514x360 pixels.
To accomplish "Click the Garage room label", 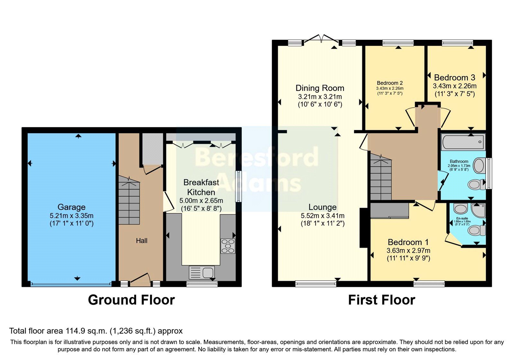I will tap(71, 207).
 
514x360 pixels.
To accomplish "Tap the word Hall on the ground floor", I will tap(141, 241).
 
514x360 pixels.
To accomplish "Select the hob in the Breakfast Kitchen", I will tap(228, 246).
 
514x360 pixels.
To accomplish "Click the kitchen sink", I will tap(201, 273).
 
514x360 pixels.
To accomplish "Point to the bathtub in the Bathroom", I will tap(463, 142).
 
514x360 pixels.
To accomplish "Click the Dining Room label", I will tap(320, 88).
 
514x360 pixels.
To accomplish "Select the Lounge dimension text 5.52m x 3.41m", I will tap(322, 216).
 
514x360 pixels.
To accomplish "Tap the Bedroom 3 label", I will tap(454, 77).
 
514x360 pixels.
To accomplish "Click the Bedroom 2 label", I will tap(390, 83).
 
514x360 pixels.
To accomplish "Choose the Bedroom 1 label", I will tap(408, 242).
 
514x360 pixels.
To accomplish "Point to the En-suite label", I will tap(462, 218).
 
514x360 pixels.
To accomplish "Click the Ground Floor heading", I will tap(131, 300).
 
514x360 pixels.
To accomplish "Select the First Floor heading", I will tap(381, 300).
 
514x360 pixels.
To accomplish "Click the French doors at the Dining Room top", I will tap(321, 39).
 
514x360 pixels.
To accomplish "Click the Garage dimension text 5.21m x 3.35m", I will tap(71, 216).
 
